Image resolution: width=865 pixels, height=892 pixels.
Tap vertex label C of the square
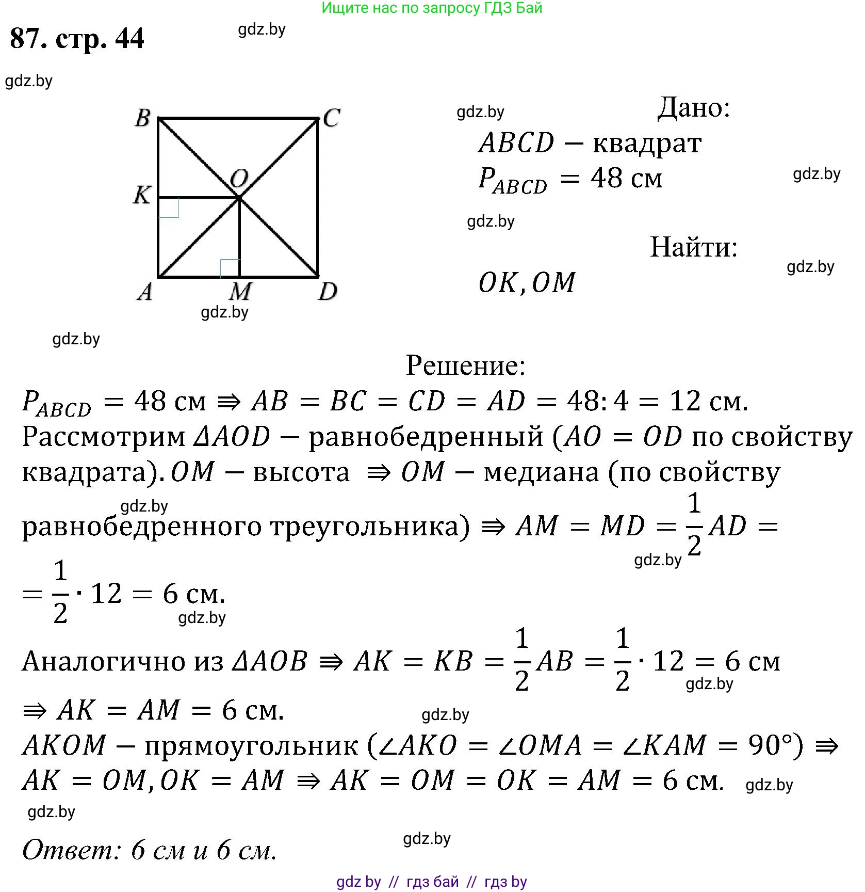click(331, 118)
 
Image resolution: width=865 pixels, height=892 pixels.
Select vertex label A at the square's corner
click(145, 292)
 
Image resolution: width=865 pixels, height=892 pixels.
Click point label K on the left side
click(141, 195)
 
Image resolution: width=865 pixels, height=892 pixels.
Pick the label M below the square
click(240, 292)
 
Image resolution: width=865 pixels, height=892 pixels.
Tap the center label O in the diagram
click(239, 179)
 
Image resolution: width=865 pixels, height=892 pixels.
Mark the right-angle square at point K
click(169, 208)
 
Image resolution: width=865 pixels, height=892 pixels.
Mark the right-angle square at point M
click(230, 268)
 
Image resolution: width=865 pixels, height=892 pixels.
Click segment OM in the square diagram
click(240, 237)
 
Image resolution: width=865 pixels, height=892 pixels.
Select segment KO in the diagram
click(199, 197)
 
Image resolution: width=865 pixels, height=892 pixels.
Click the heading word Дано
click(694, 108)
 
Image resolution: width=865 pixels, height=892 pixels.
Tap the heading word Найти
click(694, 247)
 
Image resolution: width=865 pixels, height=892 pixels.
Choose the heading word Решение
click(465, 365)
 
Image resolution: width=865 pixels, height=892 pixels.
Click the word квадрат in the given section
click(647, 143)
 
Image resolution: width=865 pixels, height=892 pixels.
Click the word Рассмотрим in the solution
click(103, 437)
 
